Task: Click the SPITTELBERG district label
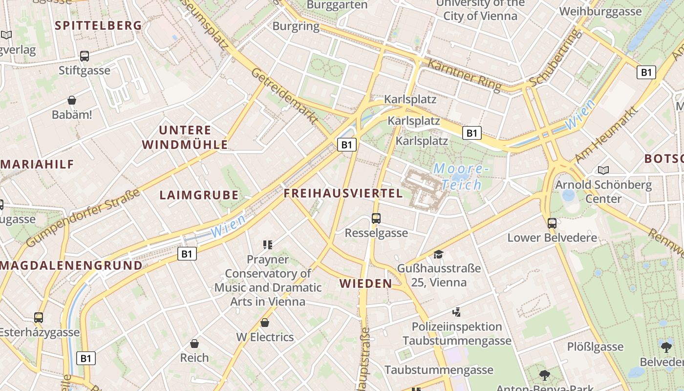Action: [98, 25]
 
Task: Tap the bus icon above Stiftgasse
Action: [85, 56]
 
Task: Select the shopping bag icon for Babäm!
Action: [72, 100]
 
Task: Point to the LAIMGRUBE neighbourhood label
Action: [199, 195]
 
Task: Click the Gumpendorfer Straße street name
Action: [83, 217]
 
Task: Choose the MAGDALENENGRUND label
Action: [71, 265]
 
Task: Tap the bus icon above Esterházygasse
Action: [39, 318]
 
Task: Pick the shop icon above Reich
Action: [194, 343]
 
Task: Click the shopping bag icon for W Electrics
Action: [265, 323]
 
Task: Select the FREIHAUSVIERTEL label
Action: [343, 193]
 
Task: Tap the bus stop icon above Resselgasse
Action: [376, 218]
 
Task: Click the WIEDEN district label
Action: [366, 283]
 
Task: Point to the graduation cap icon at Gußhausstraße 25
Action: [438, 254]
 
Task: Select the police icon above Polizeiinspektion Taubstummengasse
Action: [457, 312]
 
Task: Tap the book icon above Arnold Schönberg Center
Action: [603, 170]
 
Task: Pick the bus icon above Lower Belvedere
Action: [552, 223]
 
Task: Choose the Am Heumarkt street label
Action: [606, 135]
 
